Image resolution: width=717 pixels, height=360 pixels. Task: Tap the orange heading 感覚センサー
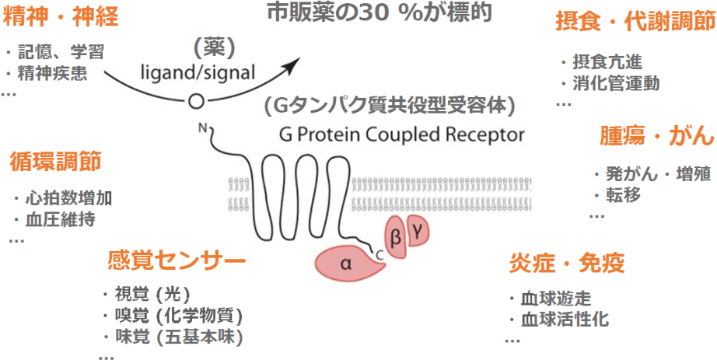pos(177,259)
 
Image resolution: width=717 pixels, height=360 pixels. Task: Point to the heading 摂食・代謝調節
pos(634,22)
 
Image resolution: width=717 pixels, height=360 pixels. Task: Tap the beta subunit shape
pos(394,236)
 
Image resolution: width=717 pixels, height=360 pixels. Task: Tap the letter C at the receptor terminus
pos(379,250)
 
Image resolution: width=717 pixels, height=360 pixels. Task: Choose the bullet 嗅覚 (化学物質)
pos(177,316)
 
